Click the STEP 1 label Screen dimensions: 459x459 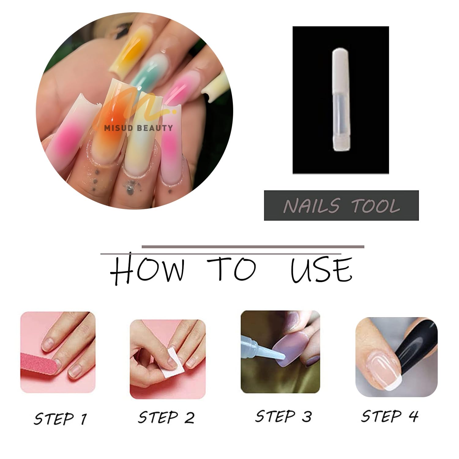[x=60, y=419]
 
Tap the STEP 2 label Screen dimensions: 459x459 [x=166, y=417]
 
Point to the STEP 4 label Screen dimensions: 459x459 [x=390, y=416]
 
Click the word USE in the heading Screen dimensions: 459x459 [x=321, y=270]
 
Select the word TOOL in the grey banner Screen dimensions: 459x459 [x=375, y=205]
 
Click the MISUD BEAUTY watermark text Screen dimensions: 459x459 [x=138, y=128]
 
